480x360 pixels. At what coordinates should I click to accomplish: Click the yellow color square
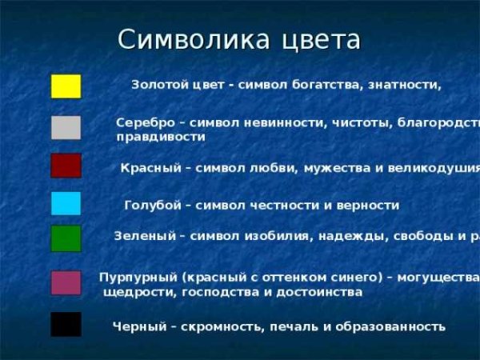click(x=66, y=86)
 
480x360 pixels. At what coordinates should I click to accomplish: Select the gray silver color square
click(x=66, y=127)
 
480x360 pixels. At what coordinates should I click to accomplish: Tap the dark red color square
click(x=66, y=166)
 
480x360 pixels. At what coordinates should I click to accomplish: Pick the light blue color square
click(x=66, y=203)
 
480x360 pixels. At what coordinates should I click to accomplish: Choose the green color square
click(x=66, y=238)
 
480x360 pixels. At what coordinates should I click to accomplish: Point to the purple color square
click(x=66, y=282)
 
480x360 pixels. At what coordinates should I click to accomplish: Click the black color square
click(x=66, y=324)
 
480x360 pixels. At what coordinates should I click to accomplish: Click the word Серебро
click(x=145, y=123)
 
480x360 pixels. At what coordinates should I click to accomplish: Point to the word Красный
click(x=149, y=168)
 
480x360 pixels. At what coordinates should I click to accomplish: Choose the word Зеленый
click(x=144, y=236)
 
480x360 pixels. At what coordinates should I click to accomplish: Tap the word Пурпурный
click(x=138, y=278)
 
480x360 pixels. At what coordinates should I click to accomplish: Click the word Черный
click(x=138, y=326)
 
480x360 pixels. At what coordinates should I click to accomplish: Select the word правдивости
click(x=160, y=138)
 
